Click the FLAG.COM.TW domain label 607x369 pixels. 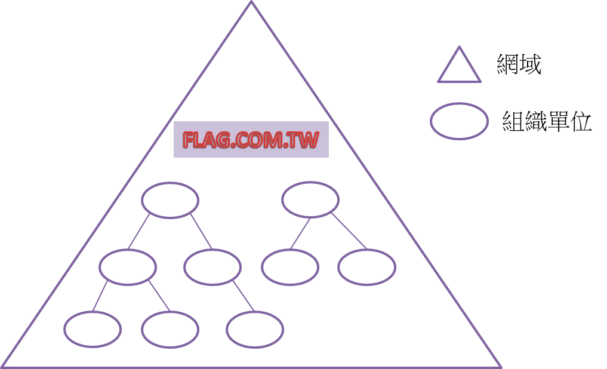point(251,140)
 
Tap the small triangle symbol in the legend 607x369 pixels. point(459,65)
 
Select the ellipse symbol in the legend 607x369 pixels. point(459,121)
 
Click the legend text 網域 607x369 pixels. point(519,64)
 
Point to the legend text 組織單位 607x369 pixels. point(547,122)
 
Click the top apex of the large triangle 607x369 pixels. point(251,3)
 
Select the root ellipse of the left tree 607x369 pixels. point(170,200)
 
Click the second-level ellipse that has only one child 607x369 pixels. point(212,267)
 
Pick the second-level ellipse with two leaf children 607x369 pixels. point(128,267)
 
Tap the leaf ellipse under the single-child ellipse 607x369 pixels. point(255,330)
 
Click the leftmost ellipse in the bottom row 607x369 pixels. point(93,330)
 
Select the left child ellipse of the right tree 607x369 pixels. point(290,267)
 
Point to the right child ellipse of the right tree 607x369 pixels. point(366,267)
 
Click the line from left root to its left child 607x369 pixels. point(140,232)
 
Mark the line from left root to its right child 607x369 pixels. point(201,232)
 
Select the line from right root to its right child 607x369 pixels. point(349,232)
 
